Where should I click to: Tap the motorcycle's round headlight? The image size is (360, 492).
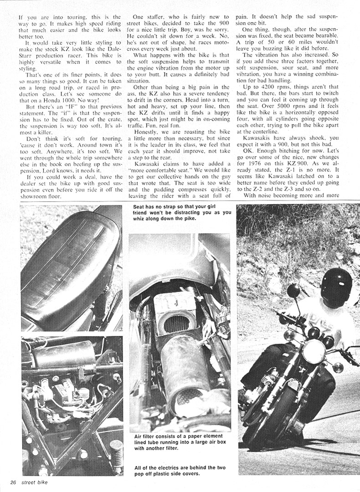point(314,351)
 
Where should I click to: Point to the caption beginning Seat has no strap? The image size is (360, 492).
point(182,212)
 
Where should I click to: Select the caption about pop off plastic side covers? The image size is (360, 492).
point(180,471)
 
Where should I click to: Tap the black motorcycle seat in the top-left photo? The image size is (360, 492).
point(68,269)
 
